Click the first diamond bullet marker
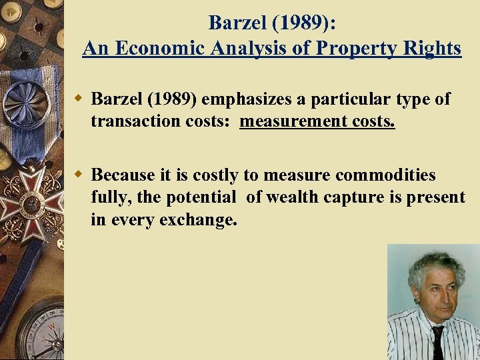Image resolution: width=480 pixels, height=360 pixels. click(x=78, y=99)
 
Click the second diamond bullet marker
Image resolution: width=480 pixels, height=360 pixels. click(x=78, y=175)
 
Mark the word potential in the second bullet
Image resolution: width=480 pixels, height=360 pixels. click(x=201, y=198)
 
